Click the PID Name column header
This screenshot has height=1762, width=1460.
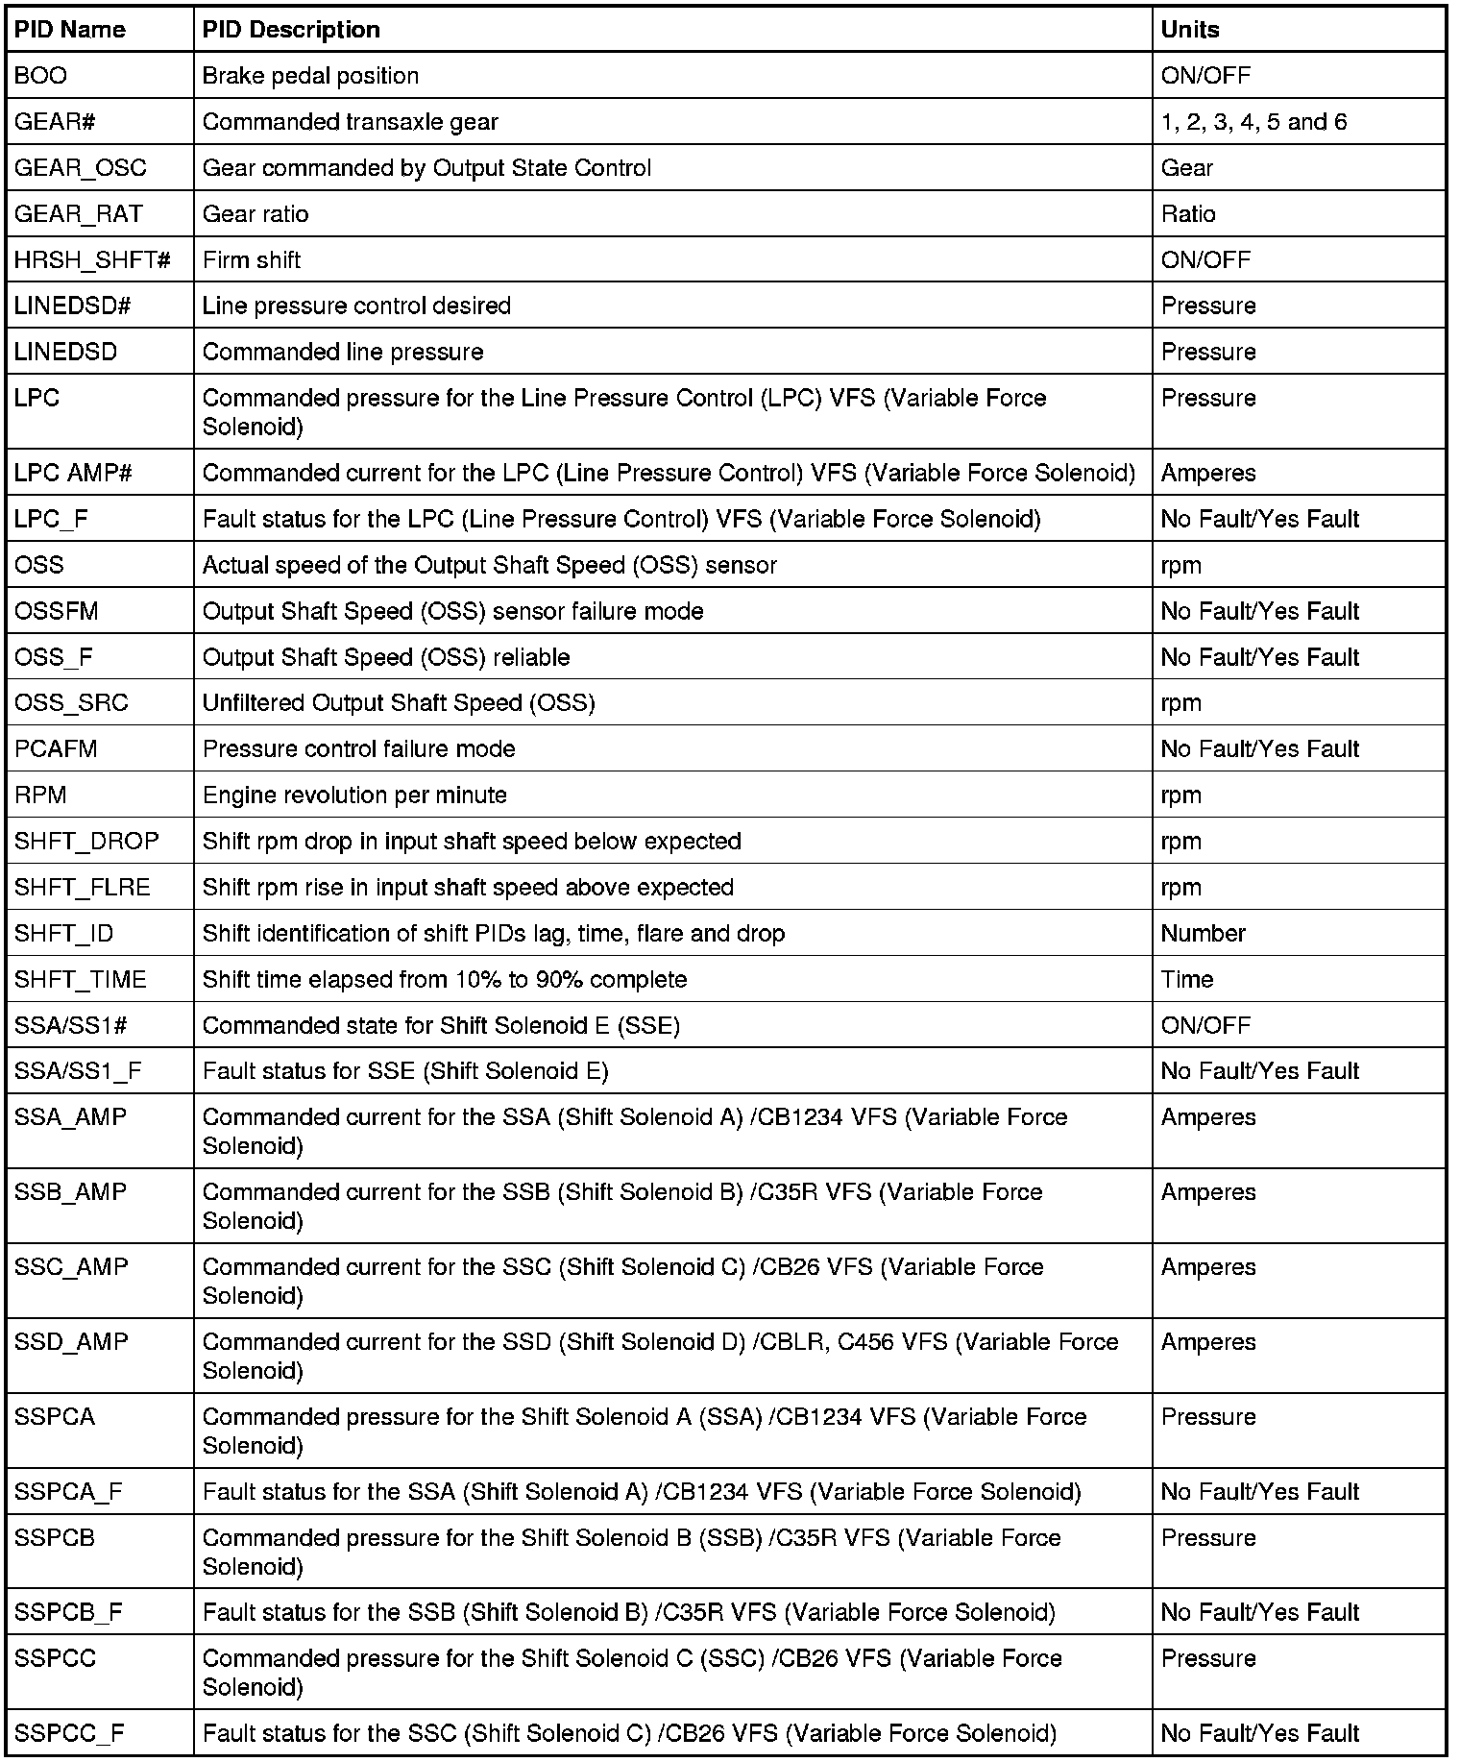(70, 30)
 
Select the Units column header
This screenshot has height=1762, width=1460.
(1190, 30)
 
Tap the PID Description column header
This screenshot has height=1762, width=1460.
(291, 30)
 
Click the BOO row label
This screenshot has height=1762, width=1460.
(41, 76)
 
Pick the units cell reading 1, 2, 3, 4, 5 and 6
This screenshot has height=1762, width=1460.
(1253, 122)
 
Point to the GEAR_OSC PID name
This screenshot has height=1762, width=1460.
(81, 168)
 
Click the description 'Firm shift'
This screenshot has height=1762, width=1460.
(252, 260)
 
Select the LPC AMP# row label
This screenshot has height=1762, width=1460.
(73, 473)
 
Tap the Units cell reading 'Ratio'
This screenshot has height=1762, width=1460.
(1188, 214)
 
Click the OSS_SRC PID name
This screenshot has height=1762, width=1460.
(71, 703)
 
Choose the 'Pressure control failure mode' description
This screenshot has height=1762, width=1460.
(359, 749)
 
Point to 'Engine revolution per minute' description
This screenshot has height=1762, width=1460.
(354, 795)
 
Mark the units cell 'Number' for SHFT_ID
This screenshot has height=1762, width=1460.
(1203, 934)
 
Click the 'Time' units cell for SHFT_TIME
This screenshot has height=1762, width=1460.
(1187, 980)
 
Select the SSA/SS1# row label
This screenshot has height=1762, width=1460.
(71, 1026)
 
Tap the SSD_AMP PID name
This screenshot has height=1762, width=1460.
(71, 1342)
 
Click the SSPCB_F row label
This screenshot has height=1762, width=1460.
(68, 1613)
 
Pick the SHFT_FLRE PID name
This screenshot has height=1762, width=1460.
(83, 888)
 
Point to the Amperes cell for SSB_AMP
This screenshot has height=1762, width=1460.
(1208, 1192)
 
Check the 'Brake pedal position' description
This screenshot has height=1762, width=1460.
(310, 76)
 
